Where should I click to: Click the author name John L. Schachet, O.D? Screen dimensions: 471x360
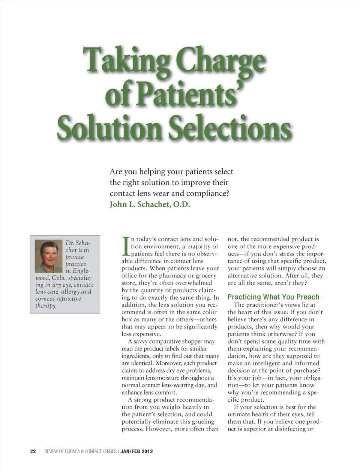coord(150,204)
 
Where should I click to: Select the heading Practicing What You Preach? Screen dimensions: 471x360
coord(273,297)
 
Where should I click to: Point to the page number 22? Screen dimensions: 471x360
coord(33,451)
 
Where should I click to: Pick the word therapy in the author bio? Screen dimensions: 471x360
coord(46,306)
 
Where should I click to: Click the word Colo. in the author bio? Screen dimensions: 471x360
coord(58,278)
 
